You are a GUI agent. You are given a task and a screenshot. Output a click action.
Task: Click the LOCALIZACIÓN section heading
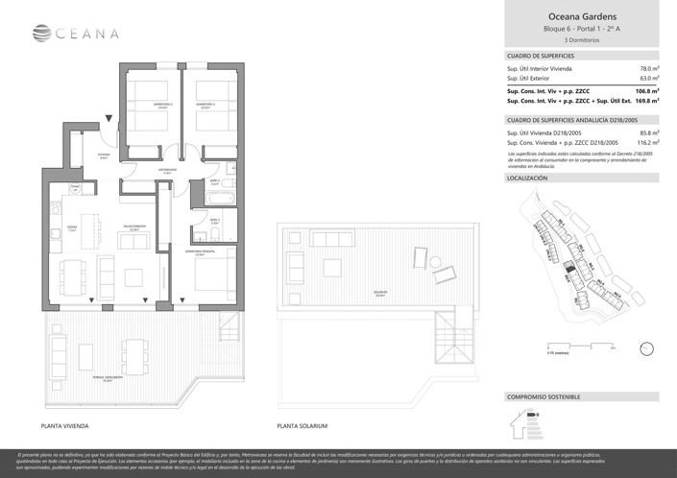click(x=526, y=179)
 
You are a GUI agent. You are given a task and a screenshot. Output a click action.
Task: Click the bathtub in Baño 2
click(x=215, y=198)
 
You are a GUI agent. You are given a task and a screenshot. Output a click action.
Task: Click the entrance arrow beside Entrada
click(x=112, y=119)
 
